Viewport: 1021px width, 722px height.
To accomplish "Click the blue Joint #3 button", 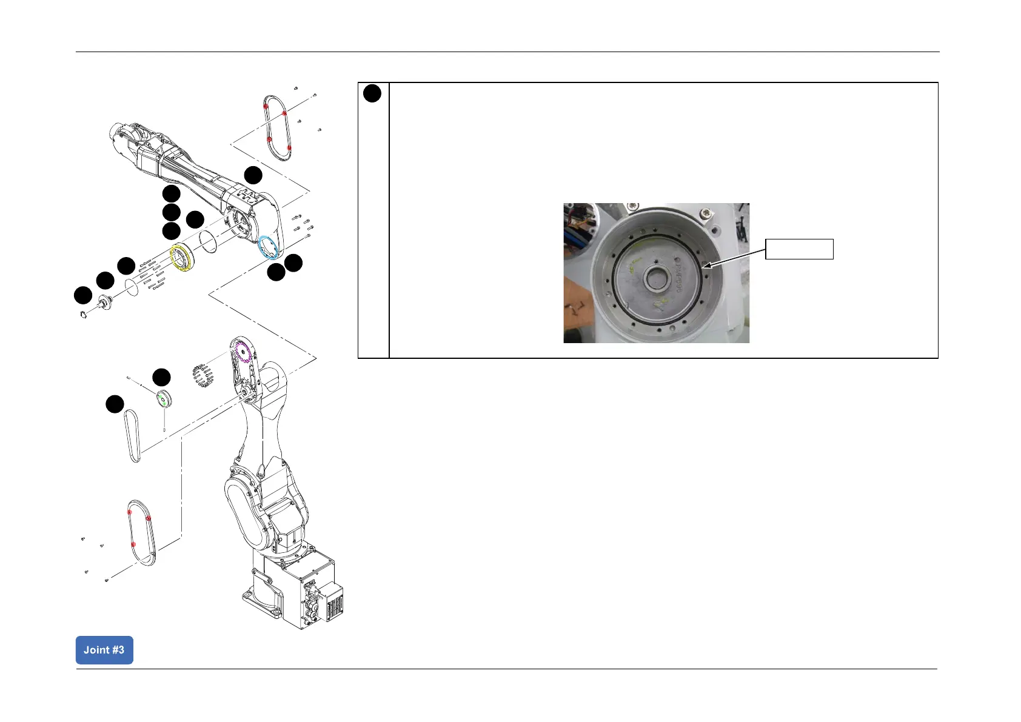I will [104, 650].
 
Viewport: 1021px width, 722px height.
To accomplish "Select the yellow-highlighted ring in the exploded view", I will [182, 258].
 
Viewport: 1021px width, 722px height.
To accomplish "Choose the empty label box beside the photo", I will [799, 249].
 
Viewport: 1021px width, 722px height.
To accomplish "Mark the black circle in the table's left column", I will [373, 93].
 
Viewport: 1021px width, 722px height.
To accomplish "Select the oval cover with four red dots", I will [278, 127].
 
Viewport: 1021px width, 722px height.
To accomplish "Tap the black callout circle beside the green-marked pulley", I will [161, 378].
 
